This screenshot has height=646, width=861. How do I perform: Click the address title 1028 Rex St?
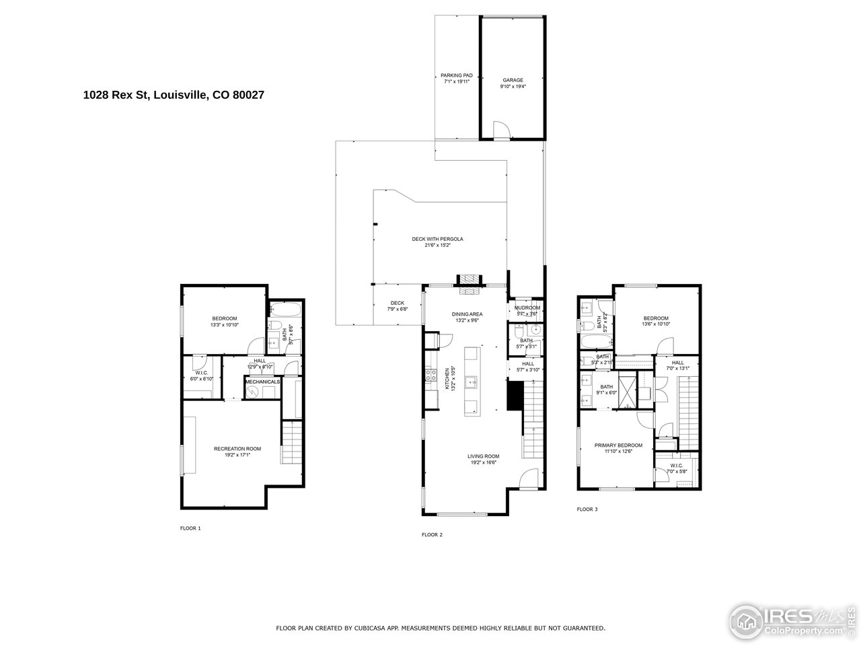pyautogui.click(x=173, y=96)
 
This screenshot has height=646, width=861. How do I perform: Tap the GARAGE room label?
pyautogui.click(x=513, y=80)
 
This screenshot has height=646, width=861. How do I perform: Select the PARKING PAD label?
pyautogui.click(x=457, y=75)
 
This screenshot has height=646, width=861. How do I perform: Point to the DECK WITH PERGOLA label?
pyautogui.click(x=437, y=239)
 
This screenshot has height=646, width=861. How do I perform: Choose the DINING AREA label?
pyautogui.click(x=467, y=314)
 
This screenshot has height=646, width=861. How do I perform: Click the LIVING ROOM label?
pyautogui.click(x=483, y=456)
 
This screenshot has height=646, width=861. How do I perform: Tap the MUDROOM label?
pyautogui.click(x=527, y=308)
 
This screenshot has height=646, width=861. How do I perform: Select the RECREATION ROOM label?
pyautogui.click(x=237, y=449)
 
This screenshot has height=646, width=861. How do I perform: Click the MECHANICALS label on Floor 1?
pyautogui.click(x=262, y=382)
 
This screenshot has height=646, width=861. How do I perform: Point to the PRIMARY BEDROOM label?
pyautogui.click(x=618, y=445)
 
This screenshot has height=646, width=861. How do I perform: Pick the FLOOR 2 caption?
pyautogui.click(x=432, y=535)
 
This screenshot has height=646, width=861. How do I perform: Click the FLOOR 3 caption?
pyautogui.click(x=587, y=509)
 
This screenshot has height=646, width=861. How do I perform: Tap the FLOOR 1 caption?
pyautogui.click(x=190, y=528)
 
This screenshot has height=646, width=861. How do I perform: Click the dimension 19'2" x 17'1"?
pyautogui.click(x=237, y=455)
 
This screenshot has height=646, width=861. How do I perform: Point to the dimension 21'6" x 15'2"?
pyautogui.click(x=437, y=246)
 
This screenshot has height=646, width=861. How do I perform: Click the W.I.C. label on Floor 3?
pyautogui.click(x=676, y=465)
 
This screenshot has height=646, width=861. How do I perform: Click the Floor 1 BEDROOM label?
pyautogui.click(x=225, y=319)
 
